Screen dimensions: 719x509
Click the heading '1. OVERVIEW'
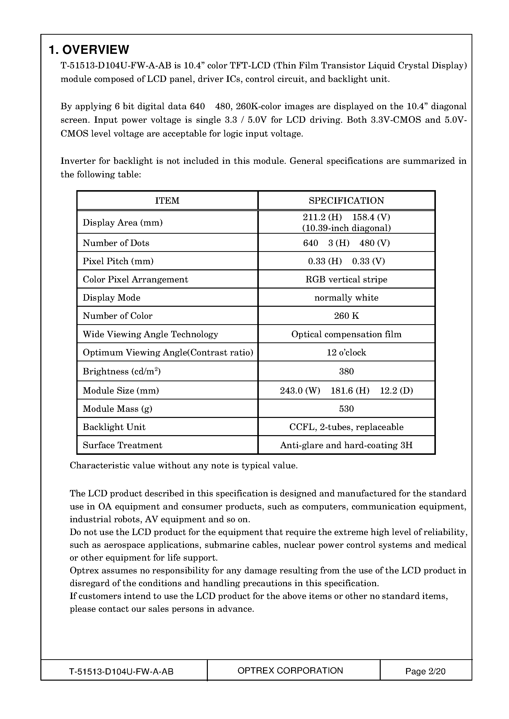pos(89,49)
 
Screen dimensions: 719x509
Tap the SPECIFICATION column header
pos(346,200)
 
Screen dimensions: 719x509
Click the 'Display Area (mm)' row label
pos(123,223)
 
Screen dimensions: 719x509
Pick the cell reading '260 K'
pos(346,316)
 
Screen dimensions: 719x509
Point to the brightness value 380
pos(346,371)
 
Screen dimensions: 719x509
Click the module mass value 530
pos(346,409)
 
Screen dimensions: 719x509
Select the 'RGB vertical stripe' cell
pos(346,279)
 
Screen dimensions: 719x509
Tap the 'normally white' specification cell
pos(346,297)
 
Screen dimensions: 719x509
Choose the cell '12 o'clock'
pos(346,352)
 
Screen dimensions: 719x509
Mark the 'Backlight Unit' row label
pos(114,427)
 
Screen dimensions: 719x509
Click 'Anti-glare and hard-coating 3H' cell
pos(346,445)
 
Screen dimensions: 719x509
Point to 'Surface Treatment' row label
pos(122,445)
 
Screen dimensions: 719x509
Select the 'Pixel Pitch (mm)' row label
pos(118,261)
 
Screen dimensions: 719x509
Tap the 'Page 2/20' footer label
pos(425,671)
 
